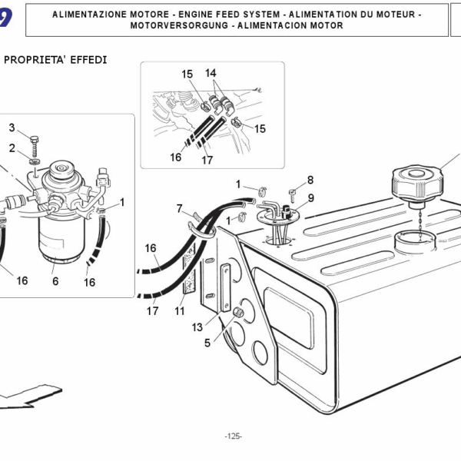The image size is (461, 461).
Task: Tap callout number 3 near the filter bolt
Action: tap(12, 127)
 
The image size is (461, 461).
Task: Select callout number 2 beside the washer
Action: tap(12, 148)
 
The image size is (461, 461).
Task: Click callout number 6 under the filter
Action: tap(55, 281)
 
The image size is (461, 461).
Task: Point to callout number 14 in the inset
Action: tap(211, 73)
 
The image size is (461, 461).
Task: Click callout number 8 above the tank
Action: tap(310, 180)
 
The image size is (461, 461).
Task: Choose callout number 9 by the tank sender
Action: tap(310, 197)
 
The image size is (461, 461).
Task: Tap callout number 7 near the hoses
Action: tap(179, 208)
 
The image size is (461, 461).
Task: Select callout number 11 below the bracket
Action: tap(180, 311)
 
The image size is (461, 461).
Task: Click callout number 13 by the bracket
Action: tap(198, 327)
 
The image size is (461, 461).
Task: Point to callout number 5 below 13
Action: tap(207, 343)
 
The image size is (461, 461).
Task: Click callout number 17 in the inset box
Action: tap(207, 161)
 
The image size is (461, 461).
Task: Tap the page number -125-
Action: tap(234, 436)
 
